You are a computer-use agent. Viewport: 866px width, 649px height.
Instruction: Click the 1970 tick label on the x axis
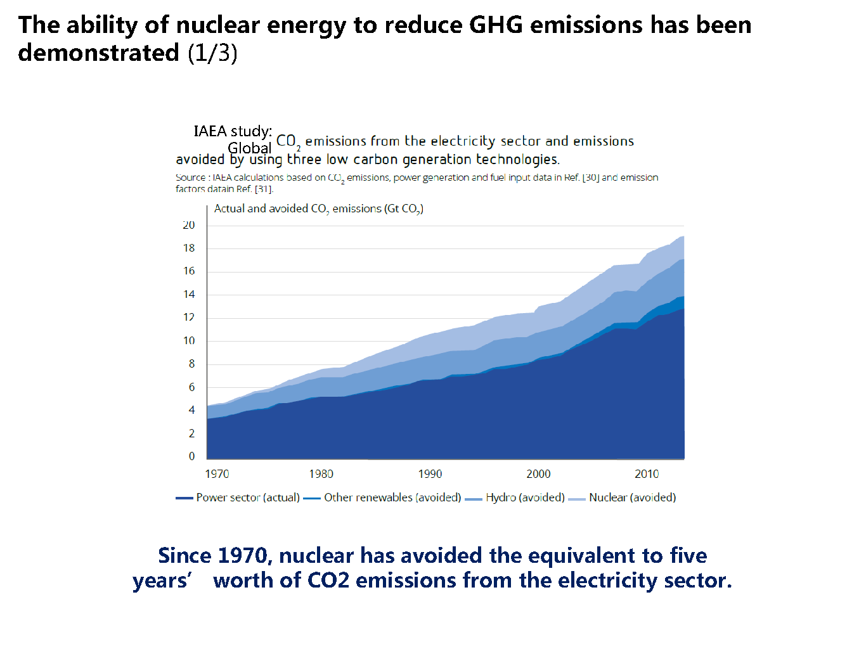pos(217,474)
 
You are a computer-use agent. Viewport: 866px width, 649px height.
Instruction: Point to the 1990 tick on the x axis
pos(430,474)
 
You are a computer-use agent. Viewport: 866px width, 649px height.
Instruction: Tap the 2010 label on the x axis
pos(647,474)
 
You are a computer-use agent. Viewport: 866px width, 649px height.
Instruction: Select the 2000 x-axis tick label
pos(538,474)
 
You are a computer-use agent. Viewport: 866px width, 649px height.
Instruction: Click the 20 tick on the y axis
pos(189,225)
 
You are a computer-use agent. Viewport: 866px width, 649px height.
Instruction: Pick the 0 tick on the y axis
pos(191,456)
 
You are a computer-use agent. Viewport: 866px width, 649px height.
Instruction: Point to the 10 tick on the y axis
pos(189,341)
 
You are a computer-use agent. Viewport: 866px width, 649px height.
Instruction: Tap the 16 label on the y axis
pos(189,271)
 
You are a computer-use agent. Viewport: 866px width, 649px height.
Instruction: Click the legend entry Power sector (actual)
pos(247,498)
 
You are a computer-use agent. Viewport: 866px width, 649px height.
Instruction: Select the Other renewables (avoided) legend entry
pos(392,498)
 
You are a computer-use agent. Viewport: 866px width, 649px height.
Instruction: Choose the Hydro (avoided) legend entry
pos(525,498)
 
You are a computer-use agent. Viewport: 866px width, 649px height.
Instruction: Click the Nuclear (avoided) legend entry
pos(632,498)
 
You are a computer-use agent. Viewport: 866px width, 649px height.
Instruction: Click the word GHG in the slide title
pos(496,25)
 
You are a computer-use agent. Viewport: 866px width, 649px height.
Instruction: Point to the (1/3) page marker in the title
pos(212,53)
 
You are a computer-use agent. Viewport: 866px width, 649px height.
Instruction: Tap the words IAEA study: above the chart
pos(233,131)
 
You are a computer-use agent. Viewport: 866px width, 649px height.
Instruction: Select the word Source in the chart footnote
pos(190,177)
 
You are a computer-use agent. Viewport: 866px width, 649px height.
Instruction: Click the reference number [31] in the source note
pos(264,189)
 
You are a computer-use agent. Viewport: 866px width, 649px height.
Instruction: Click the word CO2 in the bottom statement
pos(328,581)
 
